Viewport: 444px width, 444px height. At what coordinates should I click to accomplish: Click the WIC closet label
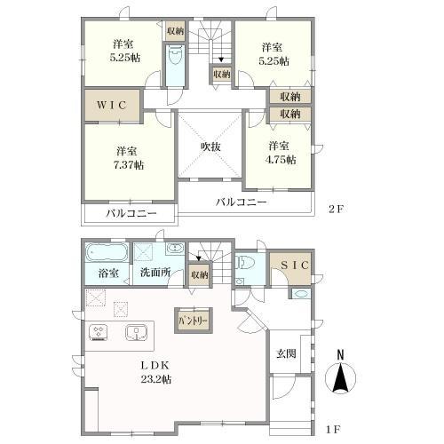(112, 105)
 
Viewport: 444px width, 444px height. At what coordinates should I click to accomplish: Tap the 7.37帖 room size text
(129, 164)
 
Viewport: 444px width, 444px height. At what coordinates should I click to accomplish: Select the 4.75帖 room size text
(279, 159)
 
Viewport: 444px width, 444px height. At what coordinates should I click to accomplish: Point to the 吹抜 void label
(210, 146)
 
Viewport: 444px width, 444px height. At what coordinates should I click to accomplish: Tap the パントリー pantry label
(193, 317)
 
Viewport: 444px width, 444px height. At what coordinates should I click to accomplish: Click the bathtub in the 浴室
(107, 252)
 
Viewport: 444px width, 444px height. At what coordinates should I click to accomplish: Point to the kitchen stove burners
(98, 334)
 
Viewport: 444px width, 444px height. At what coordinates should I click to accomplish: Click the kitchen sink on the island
(136, 334)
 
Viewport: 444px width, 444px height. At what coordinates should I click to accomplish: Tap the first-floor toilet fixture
(248, 263)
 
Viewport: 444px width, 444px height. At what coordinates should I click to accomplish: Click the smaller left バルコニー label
(131, 214)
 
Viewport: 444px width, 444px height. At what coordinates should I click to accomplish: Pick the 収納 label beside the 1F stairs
(200, 275)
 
